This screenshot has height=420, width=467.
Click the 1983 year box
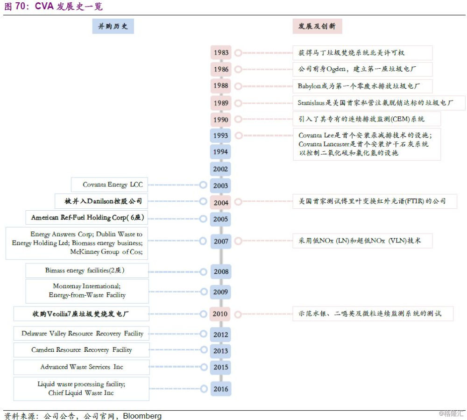click(221, 53)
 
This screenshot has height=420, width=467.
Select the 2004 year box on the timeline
click(221, 203)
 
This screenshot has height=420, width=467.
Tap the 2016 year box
click(221, 389)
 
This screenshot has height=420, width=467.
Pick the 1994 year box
click(220, 152)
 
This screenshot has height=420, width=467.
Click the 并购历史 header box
click(113, 26)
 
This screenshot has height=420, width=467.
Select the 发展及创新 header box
click(317, 26)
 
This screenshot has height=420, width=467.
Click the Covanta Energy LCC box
click(110, 185)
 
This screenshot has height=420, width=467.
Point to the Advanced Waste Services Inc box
click(81, 367)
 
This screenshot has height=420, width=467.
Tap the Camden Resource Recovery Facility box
click(81, 350)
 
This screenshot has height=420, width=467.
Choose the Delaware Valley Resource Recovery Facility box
click(81, 333)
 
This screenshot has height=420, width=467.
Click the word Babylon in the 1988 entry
click(309, 86)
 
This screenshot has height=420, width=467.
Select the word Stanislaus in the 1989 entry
click(311, 103)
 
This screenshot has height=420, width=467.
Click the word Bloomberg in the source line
click(142, 415)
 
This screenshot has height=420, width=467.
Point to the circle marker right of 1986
click(238, 70)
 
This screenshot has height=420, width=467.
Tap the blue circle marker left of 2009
click(204, 292)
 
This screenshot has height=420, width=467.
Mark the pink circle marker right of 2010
click(238, 314)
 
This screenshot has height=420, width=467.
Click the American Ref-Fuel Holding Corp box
click(87, 218)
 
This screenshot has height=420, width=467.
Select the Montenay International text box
click(87, 291)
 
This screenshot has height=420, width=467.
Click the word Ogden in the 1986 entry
click(336, 69)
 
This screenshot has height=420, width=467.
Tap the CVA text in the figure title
click(44, 6)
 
